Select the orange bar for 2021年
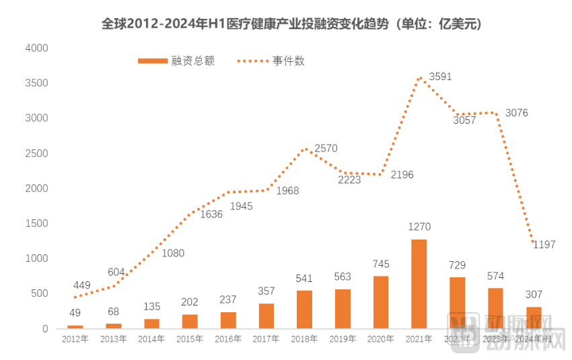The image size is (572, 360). [419, 284]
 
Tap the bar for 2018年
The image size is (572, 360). [304, 310]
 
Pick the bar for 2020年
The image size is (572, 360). [380, 302]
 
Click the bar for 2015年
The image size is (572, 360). [190, 321]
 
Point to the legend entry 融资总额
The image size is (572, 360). [176, 61]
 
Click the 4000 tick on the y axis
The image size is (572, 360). [36, 48]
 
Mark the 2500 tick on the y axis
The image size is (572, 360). [36, 153]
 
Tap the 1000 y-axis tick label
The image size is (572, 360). [36, 258]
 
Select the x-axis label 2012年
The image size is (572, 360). [75, 339]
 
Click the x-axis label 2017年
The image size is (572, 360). [266, 339]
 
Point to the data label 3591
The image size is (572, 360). [440, 76]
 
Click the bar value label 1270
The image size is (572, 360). [419, 227]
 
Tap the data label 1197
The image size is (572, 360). [544, 244]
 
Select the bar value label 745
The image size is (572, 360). [381, 264]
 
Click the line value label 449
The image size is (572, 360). [82, 285]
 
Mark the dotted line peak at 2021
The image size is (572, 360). [419, 77]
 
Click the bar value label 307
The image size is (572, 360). [534, 295]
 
